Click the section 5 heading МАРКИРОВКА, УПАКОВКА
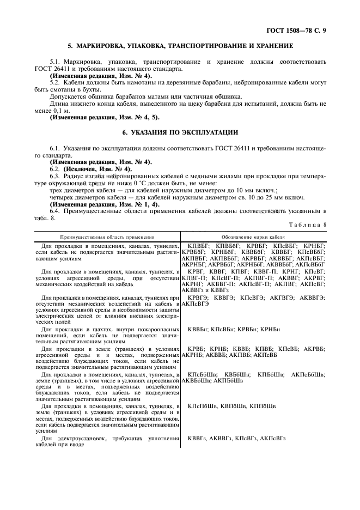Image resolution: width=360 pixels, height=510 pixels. pyautogui.click(x=180, y=46)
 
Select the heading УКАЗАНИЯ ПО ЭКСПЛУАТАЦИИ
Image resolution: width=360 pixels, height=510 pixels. pyautogui.click(x=180, y=132)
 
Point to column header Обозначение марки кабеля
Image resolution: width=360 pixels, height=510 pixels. pyautogui.click(x=253, y=237)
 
